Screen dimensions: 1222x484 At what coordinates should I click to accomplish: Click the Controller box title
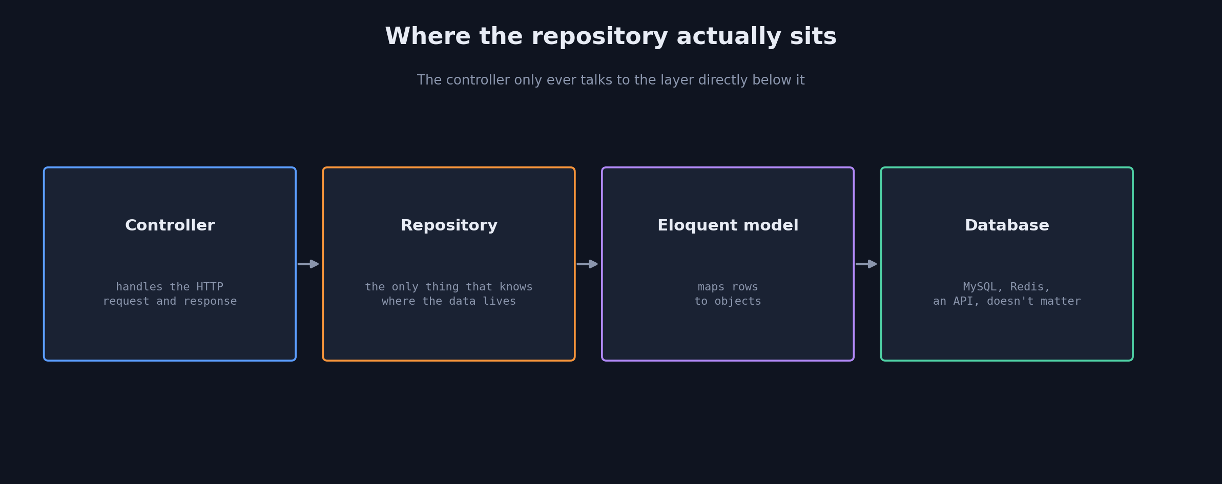coord(170,225)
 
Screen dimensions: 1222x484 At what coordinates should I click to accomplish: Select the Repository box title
coord(449,226)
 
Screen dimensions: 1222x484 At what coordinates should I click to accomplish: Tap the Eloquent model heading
coord(728,226)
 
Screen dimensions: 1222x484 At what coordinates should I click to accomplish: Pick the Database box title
coord(1007,225)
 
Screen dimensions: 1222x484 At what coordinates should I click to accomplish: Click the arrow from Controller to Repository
coord(308,264)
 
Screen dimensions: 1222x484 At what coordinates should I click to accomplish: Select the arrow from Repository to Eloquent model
coord(587,264)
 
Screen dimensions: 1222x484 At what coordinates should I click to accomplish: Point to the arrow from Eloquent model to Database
coord(866,264)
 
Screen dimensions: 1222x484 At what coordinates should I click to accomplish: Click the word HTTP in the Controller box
coord(210,287)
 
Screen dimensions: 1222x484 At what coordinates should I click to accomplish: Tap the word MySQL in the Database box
coord(980,287)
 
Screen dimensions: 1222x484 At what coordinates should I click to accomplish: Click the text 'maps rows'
coord(728,287)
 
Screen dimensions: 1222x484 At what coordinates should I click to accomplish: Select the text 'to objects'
coord(728,302)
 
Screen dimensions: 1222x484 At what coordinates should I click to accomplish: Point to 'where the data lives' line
coord(449,301)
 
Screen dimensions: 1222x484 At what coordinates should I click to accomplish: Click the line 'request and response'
coord(170,302)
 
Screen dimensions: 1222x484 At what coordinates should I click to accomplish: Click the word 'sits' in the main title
coord(813,37)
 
